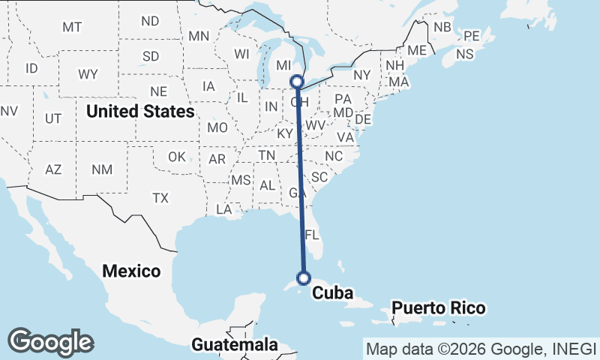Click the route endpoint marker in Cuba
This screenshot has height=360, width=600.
click(304, 278)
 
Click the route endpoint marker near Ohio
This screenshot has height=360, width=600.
click(297, 81)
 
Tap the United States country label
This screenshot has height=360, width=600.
click(140, 112)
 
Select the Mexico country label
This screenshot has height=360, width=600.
click(132, 271)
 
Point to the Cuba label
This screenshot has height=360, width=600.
click(332, 293)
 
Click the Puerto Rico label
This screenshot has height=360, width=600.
click(438, 308)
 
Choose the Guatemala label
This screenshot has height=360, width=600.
click(235, 345)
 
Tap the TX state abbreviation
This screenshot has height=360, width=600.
click(160, 198)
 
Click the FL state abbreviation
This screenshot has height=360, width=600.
click(313, 234)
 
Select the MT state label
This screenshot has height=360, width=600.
click(72, 27)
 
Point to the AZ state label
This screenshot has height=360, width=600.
click(53, 169)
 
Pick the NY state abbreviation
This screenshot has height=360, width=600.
click(362, 75)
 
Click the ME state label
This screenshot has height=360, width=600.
click(417, 50)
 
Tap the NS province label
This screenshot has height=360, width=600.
click(465, 54)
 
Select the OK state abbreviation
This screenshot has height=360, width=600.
click(176, 157)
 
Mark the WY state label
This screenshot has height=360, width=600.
click(88, 74)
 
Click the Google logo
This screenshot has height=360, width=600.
click(50, 342)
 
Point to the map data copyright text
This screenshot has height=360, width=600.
click(480, 349)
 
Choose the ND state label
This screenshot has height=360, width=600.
click(150, 21)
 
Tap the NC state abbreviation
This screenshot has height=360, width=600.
click(333, 156)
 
